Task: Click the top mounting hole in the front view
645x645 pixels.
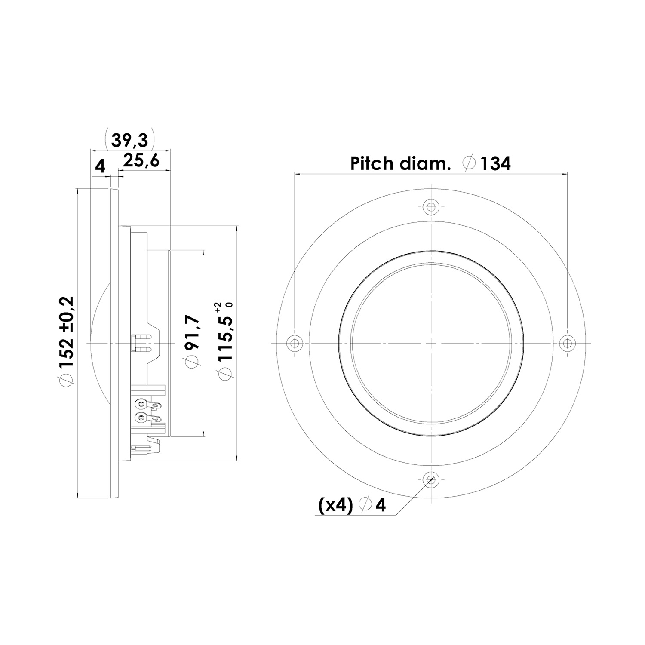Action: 430,206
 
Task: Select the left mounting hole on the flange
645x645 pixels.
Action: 294,343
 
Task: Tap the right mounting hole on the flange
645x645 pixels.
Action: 567,343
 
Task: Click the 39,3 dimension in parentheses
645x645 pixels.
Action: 129,140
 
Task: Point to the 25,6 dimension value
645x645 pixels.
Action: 141,161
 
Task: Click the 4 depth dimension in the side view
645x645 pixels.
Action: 100,166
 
